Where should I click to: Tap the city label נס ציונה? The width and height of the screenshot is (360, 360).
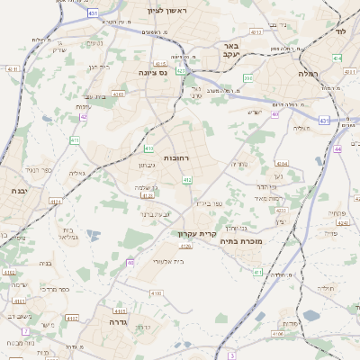pos(154,72)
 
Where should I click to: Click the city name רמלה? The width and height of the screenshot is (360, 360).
pos(310,87)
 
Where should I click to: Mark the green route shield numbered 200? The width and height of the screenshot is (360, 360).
pos(247,79)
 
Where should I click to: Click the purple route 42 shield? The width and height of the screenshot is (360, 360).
pos(84,116)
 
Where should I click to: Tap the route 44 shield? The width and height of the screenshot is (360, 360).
pos(337,148)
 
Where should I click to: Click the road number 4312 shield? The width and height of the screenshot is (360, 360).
pos(256,31)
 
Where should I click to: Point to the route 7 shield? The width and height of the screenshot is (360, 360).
pos(26,331)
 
